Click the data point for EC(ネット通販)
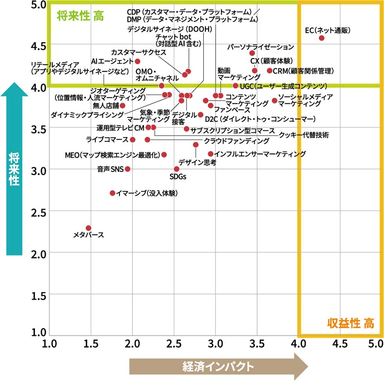click(x=321, y=38)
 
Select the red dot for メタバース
click(x=89, y=228)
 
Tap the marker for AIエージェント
click(x=138, y=61)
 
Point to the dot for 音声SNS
click(x=127, y=169)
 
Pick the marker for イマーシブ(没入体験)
click(x=112, y=193)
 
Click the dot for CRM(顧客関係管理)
click(x=270, y=71)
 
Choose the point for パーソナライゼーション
click(x=252, y=53)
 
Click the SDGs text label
click(x=178, y=177)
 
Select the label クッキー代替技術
click(x=304, y=135)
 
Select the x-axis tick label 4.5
click(x=340, y=344)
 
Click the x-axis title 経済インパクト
click(x=218, y=366)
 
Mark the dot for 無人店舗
click(x=123, y=106)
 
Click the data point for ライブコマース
click(x=132, y=140)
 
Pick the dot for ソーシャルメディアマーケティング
click(x=274, y=101)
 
